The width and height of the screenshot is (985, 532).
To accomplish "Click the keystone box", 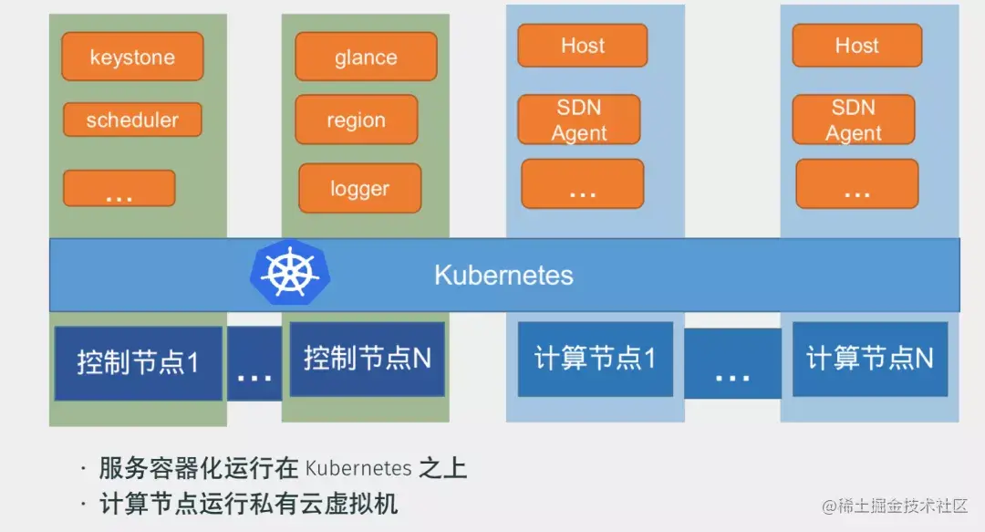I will (x=132, y=57).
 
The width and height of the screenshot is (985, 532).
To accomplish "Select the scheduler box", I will (x=132, y=120).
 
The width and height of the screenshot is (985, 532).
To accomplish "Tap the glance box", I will (x=366, y=57).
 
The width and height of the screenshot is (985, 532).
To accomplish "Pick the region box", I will (x=356, y=120).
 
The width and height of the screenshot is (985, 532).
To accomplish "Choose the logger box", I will (x=359, y=188).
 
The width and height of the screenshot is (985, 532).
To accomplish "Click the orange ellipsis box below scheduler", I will (x=119, y=188).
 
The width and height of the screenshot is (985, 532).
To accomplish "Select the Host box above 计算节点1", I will (x=582, y=46).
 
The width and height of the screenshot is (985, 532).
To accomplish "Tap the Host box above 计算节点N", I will (x=856, y=46).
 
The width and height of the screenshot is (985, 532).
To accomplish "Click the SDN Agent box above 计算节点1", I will (x=579, y=120).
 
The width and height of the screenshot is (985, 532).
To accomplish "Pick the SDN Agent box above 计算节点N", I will (x=854, y=120).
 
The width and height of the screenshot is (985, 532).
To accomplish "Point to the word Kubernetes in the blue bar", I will (x=503, y=275).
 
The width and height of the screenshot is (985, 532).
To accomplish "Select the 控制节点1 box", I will (x=138, y=362).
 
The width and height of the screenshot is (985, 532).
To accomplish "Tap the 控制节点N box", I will (x=367, y=359).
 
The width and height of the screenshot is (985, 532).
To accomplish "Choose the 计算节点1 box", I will (x=595, y=359).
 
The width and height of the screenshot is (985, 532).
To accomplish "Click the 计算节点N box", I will (x=869, y=359).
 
